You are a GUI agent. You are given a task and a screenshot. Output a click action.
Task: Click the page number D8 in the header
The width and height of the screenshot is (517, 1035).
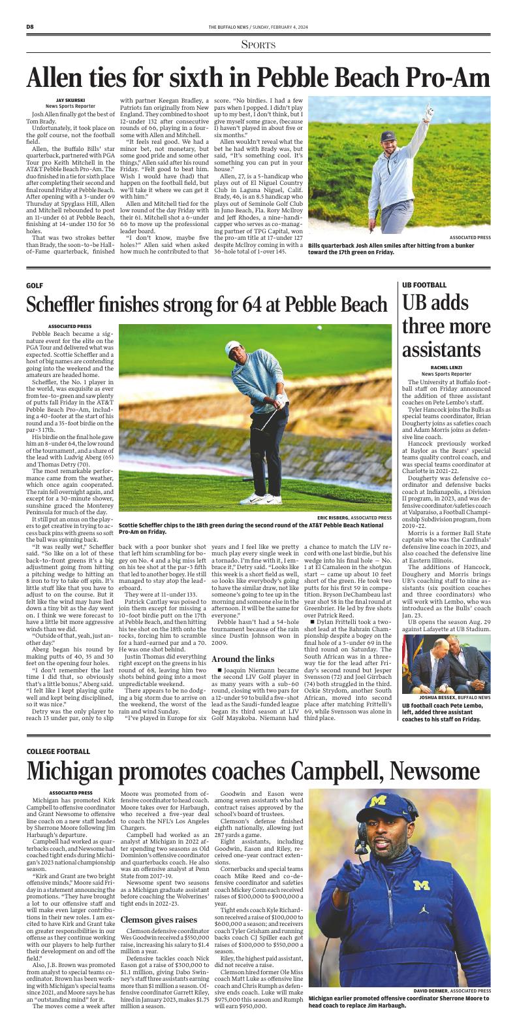pyautogui.click(x=30, y=26)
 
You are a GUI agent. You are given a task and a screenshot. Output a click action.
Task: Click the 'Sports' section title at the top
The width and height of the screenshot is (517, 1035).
pyautogui.click(x=258, y=44)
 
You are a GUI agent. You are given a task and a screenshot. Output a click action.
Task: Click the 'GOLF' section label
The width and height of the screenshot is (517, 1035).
pyautogui.click(x=35, y=286)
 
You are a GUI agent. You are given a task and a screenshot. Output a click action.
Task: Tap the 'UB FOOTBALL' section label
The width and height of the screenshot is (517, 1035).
pyautogui.click(x=424, y=286)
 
